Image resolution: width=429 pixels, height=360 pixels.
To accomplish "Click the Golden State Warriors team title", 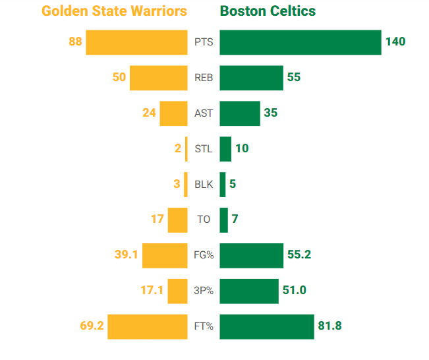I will (x=114, y=11).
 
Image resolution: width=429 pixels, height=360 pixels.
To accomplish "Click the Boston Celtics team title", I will (x=268, y=11).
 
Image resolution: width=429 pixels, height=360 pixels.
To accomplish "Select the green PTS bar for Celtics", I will (x=300, y=42).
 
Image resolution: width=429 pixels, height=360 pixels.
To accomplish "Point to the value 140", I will (x=395, y=42).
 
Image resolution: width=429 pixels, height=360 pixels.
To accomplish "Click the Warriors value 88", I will (x=75, y=42).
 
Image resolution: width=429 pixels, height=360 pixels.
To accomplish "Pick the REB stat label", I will (x=204, y=78).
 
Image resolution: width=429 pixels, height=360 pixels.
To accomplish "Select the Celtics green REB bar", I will (x=251, y=78).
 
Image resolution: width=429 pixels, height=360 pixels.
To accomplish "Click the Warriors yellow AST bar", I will (x=174, y=113).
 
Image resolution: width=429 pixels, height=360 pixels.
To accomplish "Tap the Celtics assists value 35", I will (x=270, y=113).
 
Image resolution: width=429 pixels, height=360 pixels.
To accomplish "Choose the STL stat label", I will (x=204, y=148).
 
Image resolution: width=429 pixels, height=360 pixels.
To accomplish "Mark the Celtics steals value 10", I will (x=242, y=148).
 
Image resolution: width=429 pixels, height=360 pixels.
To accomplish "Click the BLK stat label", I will (x=204, y=184).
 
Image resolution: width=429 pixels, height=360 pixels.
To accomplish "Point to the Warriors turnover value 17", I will (x=157, y=219).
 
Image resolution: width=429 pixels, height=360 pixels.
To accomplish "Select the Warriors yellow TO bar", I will (x=178, y=219).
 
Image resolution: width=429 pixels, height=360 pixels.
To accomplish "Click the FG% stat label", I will (x=204, y=255).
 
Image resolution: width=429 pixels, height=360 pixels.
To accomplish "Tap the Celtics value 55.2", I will (x=299, y=255).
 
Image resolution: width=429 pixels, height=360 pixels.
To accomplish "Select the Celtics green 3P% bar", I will (x=249, y=290).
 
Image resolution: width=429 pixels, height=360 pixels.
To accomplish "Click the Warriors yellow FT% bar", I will (x=148, y=326).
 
